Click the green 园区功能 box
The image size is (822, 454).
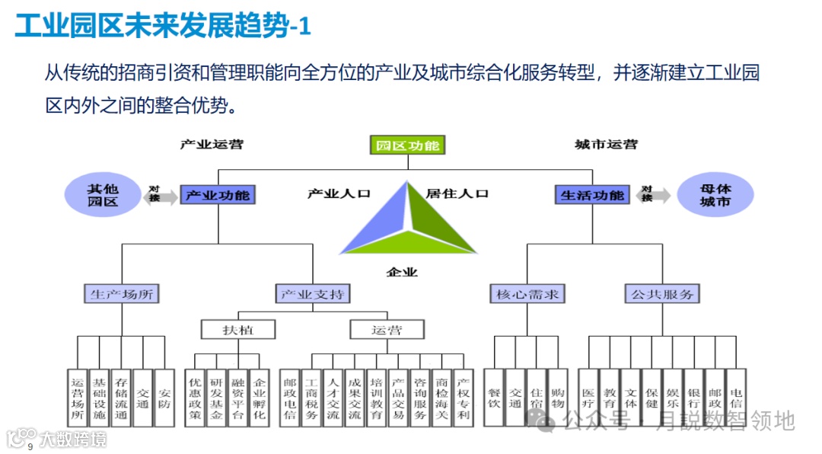tap(407, 145)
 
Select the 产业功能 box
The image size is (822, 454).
tap(218, 195)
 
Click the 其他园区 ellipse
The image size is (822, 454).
tap(103, 195)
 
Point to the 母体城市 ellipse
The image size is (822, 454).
tap(715, 195)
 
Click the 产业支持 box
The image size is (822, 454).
tap(313, 293)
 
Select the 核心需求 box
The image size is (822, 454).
tap(527, 293)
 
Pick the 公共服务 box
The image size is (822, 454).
tap(662, 293)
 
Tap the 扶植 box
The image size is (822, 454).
tap(237, 330)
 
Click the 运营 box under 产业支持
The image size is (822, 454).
tap(387, 330)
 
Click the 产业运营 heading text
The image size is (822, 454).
tap(212, 144)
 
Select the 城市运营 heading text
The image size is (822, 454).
tap(606, 144)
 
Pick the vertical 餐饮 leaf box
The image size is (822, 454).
tap(495, 398)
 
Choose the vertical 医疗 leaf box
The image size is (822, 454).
tap(588, 398)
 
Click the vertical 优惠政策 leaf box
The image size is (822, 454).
tap(196, 398)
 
